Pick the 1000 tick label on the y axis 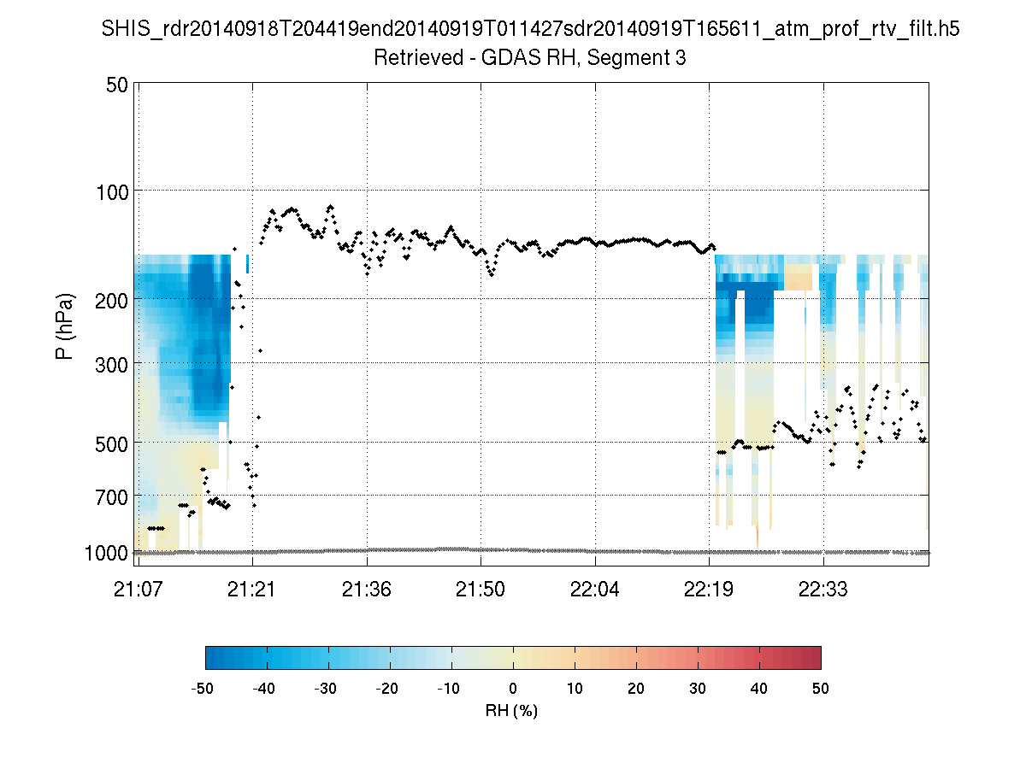pos(108,554)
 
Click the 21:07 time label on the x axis pos(138,590)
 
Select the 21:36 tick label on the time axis pos(367,590)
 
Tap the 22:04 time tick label pos(595,590)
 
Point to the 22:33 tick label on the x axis pos(823,590)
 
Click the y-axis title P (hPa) pos(65,326)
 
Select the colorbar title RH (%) pos(512,710)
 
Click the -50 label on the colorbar pos(203,688)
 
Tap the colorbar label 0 pos(513,688)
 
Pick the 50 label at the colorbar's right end pos(821,688)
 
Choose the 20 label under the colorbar pos(636,688)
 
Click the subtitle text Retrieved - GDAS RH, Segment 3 pos(530,59)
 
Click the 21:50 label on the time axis pos(481,590)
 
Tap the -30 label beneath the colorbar pos(327,688)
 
